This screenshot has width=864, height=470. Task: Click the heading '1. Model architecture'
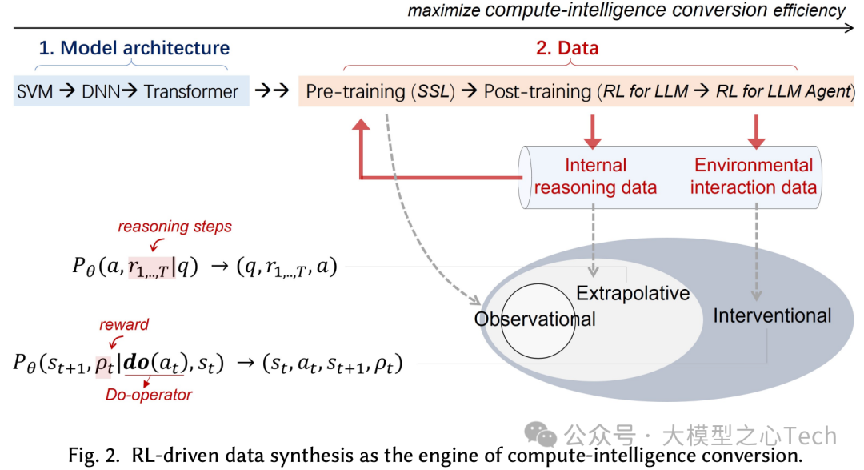pyautogui.click(x=134, y=48)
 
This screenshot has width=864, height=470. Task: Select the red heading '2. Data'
pyautogui.click(x=567, y=48)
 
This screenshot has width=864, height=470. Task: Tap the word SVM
pyautogui.click(x=34, y=91)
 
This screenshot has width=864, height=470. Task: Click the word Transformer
pyautogui.click(x=191, y=91)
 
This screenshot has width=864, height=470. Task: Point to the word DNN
pyautogui.click(x=101, y=91)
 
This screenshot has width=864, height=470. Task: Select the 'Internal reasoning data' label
pyautogui.click(x=595, y=176)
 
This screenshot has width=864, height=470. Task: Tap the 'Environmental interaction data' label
pyautogui.click(x=754, y=176)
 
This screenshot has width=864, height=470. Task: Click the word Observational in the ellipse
pyautogui.click(x=535, y=319)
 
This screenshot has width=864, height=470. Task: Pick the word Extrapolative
pyautogui.click(x=633, y=293)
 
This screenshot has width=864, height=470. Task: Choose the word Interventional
pyautogui.click(x=772, y=315)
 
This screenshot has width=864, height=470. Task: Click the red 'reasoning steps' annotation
pyautogui.click(x=175, y=227)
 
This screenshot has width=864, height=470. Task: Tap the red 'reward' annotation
pyautogui.click(x=124, y=324)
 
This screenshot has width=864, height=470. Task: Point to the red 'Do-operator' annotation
pyautogui.click(x=149, y=394)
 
